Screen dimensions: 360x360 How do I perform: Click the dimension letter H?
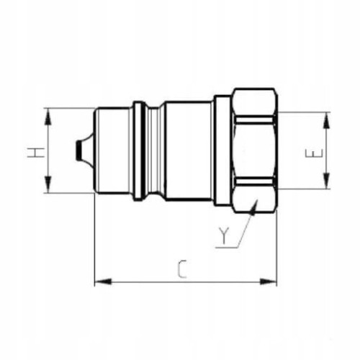[36, 153]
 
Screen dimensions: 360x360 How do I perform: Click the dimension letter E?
[314, 153]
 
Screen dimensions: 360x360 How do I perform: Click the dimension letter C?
[182, 269]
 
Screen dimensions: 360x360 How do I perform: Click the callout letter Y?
[224, 236]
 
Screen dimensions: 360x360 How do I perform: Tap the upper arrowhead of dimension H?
[48, 117]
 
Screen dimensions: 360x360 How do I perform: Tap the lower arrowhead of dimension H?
[48, 184]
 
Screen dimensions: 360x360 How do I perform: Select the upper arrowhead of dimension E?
[326, 120]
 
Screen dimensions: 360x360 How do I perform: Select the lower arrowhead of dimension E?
[326, 181]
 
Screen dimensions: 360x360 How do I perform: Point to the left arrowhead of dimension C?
[103, 282]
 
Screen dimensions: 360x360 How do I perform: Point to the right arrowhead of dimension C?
[269, 282]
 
